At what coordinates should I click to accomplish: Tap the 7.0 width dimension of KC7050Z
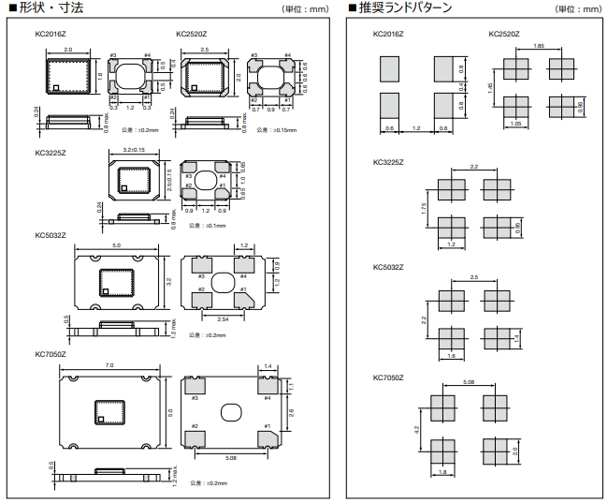tap(109, 363)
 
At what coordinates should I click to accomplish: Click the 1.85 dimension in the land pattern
tap(538, 46)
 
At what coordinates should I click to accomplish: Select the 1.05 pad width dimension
tap(516, 123)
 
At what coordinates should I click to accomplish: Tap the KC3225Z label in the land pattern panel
tap(388, 162)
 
